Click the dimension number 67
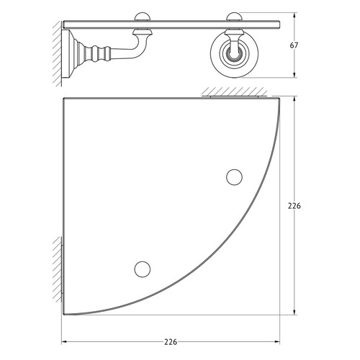pyautogui.click(x=294, y=45)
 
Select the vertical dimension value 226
pyautogui.click(x=294, y=206)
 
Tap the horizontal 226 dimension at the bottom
pyautogui.click(x=171, y=342)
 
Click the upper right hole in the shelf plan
pyautogui.click(x=234, y=177)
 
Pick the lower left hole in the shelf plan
pyautogui.click(x=143, y=269)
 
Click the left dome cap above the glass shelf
pyautogui.click(x=143, y=17)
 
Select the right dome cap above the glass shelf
pyautogui.click(x=235, y=17)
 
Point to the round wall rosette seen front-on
pyautogui.click(x=234, y=54)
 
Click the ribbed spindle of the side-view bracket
pyautogui.click(x=96, y=53)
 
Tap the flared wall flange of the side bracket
pyautogui.click(x=70, y=53)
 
